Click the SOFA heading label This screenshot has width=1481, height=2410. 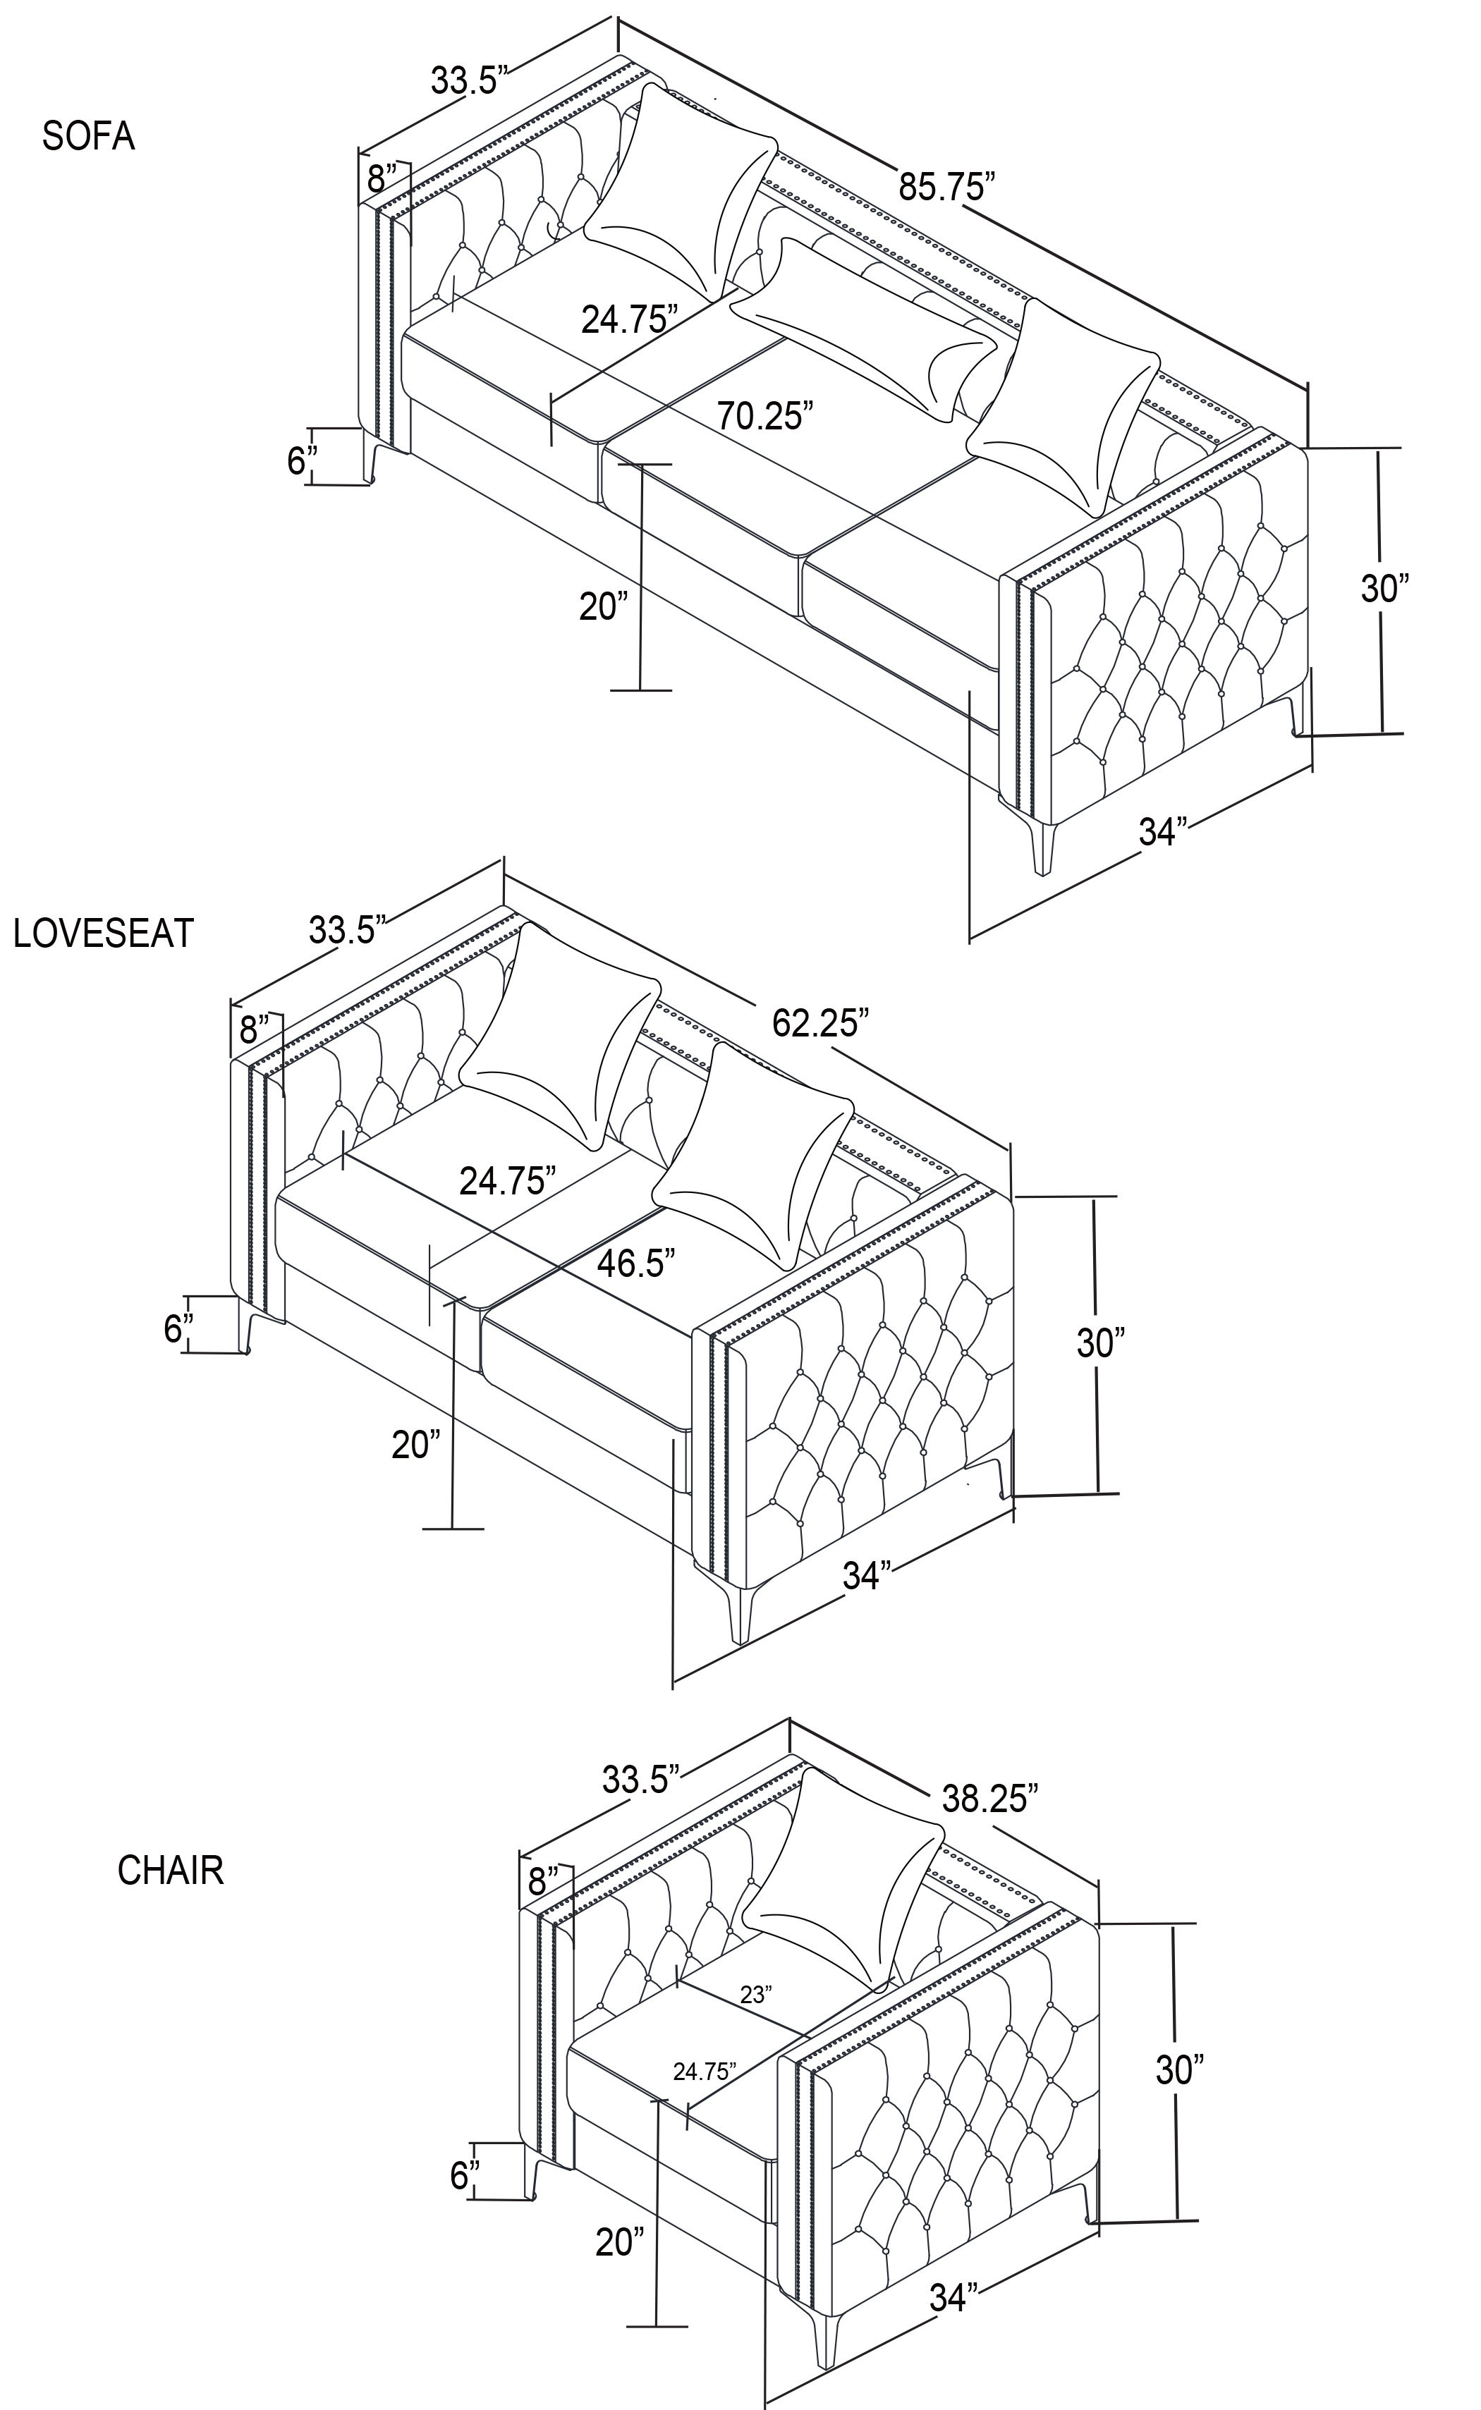point(88,136)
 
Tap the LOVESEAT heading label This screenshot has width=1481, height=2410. point(104,934)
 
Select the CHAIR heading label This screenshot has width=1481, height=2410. point(171,1871)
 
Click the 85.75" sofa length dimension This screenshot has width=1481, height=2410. point(947,185)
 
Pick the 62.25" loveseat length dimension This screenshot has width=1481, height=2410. point(821,1022)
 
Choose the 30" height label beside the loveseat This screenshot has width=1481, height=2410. point(1102,1342)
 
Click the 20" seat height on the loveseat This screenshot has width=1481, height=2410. point(416,1445)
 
